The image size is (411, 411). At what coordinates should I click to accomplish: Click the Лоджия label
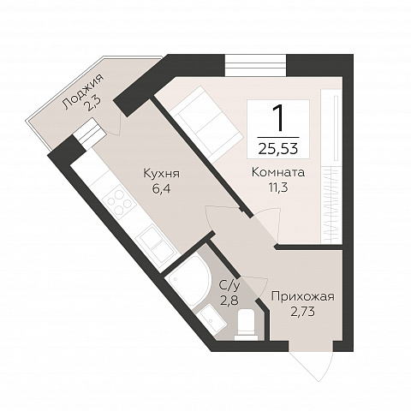[x=83, y=92]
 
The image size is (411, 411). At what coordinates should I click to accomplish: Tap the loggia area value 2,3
[x=92, y=105]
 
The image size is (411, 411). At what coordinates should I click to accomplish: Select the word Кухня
[x=162, y=173]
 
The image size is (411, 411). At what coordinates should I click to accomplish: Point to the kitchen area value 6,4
[x=161, y=188]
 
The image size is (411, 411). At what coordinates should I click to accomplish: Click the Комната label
[x=278, y=172]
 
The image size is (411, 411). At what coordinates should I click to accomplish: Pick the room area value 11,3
[x=277, y=188]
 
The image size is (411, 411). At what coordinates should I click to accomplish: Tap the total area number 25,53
[x=278, y=148]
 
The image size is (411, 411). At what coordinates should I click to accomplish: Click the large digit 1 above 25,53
[x=278, y=117]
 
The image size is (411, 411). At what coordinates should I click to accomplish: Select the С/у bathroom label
[x=229, y=285]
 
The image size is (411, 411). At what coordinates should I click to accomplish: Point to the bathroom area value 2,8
[x=229, y=301]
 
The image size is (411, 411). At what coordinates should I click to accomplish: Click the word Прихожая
[x=302, y=296]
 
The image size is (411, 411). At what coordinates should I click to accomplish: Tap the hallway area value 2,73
[x=302, y=312]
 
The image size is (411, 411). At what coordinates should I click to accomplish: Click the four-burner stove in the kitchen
[x=118, y=200]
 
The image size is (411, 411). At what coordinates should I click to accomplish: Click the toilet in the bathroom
[x=247, y=325]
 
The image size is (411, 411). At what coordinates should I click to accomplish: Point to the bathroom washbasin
[x=211, y=319]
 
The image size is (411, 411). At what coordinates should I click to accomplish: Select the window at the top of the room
[x=255, y=65]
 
